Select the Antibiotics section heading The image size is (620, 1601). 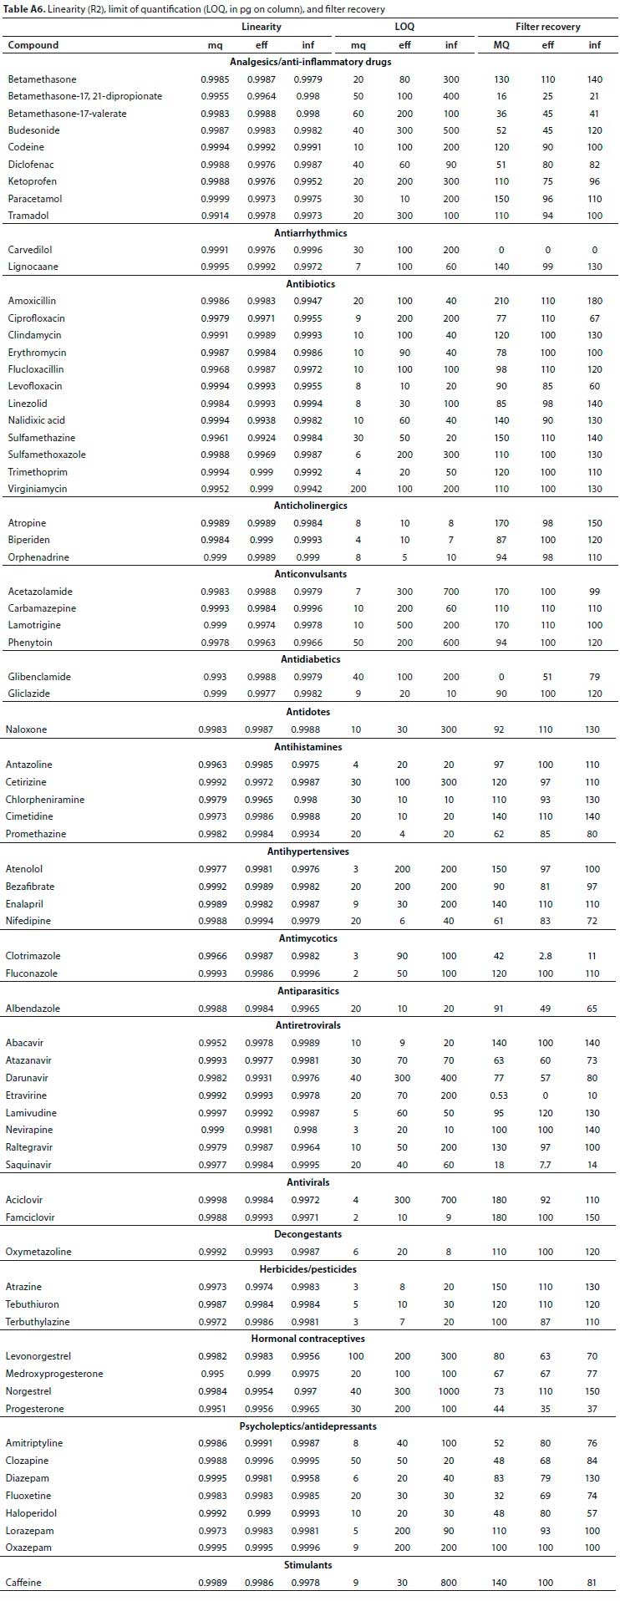point(310,284)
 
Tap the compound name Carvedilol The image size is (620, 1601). point(31,250)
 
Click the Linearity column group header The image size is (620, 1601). point(262,27)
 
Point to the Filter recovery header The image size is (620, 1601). point(547,27)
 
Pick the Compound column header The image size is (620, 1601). point(33,45)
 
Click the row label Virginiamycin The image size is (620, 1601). point(38,489)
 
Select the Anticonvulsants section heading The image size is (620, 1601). point(310,574)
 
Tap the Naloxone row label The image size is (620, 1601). point(27,729)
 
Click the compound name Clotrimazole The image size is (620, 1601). point(33,956)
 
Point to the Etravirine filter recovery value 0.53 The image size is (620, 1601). point(500,1095)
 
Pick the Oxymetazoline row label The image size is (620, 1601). point(38,1252)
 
